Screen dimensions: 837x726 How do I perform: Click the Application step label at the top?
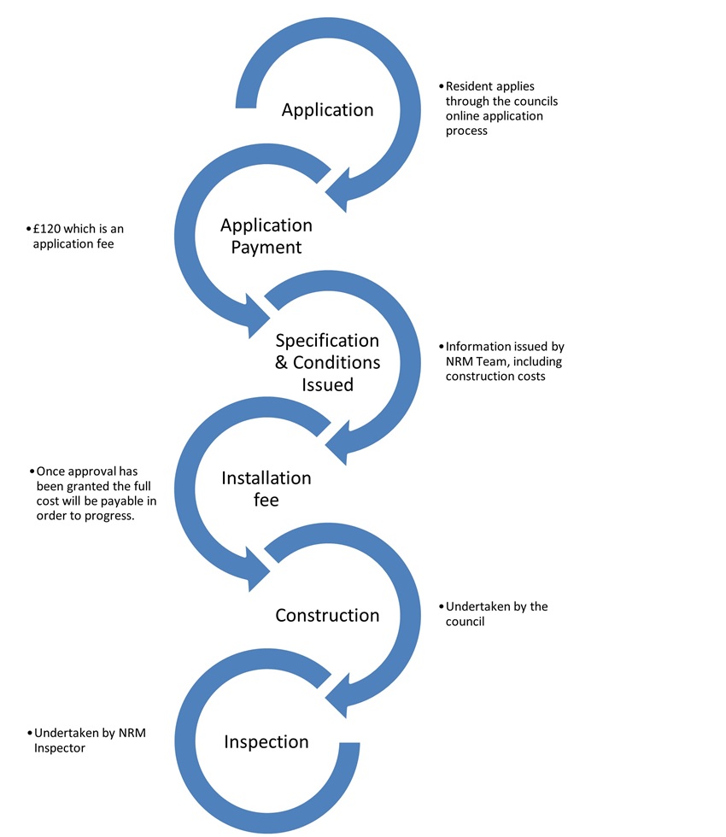[327, 110]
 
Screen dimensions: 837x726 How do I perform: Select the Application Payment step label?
[266, 236]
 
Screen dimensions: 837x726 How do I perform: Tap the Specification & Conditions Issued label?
[327, 362]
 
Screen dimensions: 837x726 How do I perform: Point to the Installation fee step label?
[266, 489]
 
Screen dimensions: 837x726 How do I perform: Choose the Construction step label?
[327, 615]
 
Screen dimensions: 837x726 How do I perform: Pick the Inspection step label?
[266, 741]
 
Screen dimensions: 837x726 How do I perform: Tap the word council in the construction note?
[465, 621]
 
